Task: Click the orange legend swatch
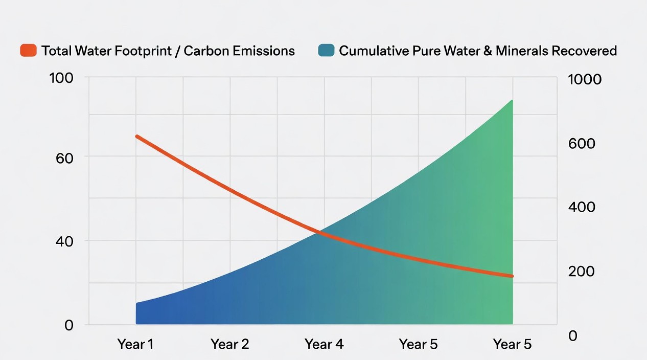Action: (x=28, y=51)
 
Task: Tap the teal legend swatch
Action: (x=326, y=51)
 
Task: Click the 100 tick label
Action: (x=61, y=79)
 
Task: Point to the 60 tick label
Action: (x=65, y=157)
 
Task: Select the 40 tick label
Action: (x=65, y=241)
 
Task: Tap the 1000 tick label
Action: (x=585, y=80)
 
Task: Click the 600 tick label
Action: (x=582, y=144)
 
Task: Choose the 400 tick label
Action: (x=582, y=208)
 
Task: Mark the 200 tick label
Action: (x=582, y=272)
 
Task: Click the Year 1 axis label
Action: (x=135, y=344)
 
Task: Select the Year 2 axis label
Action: (x=230, y=344)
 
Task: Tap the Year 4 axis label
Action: (x=324, y=344)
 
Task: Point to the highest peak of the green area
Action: (x=512, y=101)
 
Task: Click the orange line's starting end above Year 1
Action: (x=136, y=137)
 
